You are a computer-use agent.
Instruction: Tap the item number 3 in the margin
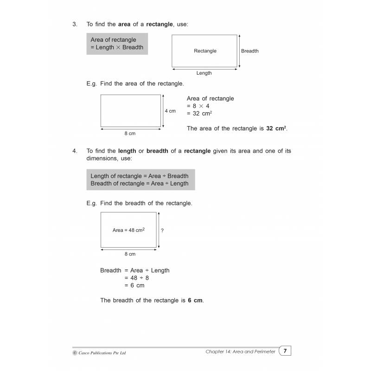(x=75, y=24)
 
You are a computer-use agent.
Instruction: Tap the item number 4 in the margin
(x=75, y=151)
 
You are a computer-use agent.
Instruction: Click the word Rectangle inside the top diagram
(x=205, y=51)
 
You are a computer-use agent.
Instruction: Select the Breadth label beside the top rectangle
(x=250, y=51)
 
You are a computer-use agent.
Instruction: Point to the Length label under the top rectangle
(x=204, y=73)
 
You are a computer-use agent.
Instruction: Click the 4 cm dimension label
(x=170, y=111)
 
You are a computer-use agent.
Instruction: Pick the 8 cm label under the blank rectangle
(x=130, y=134)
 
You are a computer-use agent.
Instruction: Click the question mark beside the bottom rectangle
(x=162, y=230)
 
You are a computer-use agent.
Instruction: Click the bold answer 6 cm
(x=195, y=300)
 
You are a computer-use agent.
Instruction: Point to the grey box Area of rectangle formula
(x=117, y=44)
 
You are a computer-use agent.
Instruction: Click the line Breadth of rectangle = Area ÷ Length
(x=140, y=183)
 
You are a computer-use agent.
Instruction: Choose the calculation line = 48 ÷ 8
(x=136, y=278)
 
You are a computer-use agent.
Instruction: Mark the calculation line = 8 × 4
(x=198, y=106)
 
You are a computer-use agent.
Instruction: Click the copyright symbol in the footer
(x=76, y=353)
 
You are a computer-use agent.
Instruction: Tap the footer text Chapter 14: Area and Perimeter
(x=240, y=352)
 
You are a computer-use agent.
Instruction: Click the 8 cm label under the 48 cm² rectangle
(x=130, y=254)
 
